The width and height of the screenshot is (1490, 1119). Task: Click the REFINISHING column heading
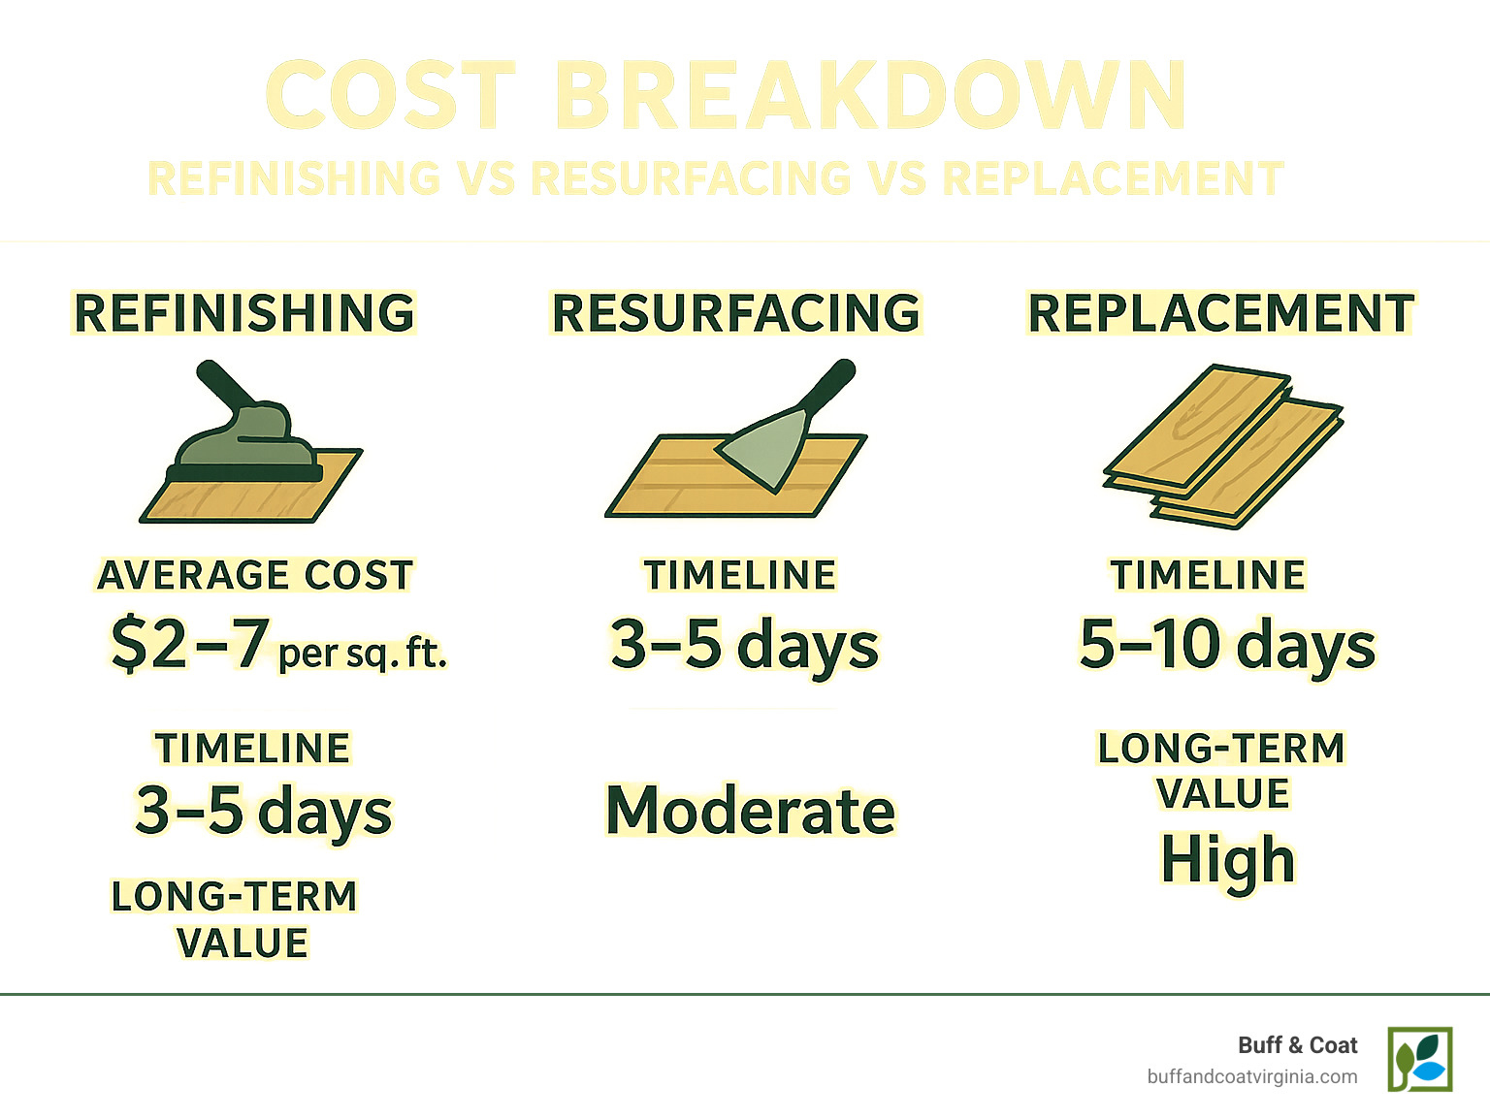244,313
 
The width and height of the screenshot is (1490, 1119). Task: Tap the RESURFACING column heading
735,313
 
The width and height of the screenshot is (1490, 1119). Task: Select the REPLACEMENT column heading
1221,313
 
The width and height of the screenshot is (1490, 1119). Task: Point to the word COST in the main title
390,96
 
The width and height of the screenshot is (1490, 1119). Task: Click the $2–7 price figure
189,644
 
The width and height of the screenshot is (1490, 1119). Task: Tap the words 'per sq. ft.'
362,654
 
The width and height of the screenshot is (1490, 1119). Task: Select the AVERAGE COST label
255,575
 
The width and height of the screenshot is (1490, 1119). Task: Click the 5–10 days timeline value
1227,645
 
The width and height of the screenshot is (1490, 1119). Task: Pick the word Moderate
750,811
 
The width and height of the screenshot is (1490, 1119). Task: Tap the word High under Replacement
1227,860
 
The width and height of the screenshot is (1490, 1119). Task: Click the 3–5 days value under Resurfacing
744,645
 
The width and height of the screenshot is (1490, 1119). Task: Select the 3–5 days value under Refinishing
263,812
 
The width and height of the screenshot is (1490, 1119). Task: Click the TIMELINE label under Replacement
1208,575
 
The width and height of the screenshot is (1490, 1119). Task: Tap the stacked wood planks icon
1222,446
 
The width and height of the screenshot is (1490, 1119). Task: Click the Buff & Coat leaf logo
1419,1059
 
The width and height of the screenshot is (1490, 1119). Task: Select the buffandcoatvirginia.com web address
1251,1076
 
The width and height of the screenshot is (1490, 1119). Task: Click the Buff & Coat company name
1297,1045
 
